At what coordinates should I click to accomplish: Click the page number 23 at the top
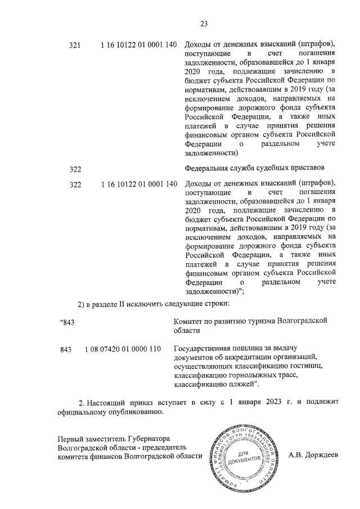click(x=204, y=23)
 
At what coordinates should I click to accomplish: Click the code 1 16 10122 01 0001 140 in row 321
click(x=139, y=44)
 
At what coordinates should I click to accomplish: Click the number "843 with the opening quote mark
click(x=67, y=322)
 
